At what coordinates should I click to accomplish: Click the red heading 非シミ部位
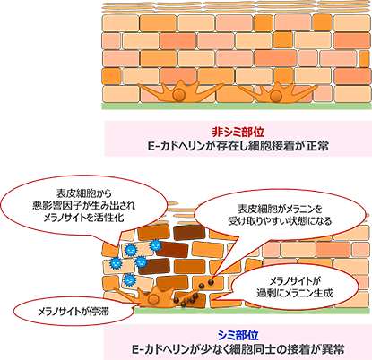(x=238, y=132)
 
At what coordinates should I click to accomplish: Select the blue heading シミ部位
(x=238, y=335)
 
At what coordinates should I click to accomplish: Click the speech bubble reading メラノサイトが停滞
(x=74, y=312)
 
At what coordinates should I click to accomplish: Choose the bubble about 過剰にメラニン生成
(x=294, y=287)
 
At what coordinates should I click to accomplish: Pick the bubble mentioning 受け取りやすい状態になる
(x=280, y=215)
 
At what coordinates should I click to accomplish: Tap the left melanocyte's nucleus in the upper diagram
(x=179, y=95)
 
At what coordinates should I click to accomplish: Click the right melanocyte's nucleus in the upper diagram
(x=275, y=96)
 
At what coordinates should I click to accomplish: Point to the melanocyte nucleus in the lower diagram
(x=154, y=299)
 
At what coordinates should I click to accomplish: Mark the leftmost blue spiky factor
(x=116, y=262)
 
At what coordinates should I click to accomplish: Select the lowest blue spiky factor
(x=130, y=279)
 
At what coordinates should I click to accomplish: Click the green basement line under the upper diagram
(x=237, y=106)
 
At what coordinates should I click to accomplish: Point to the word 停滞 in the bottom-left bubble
(x=99, y=312)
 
